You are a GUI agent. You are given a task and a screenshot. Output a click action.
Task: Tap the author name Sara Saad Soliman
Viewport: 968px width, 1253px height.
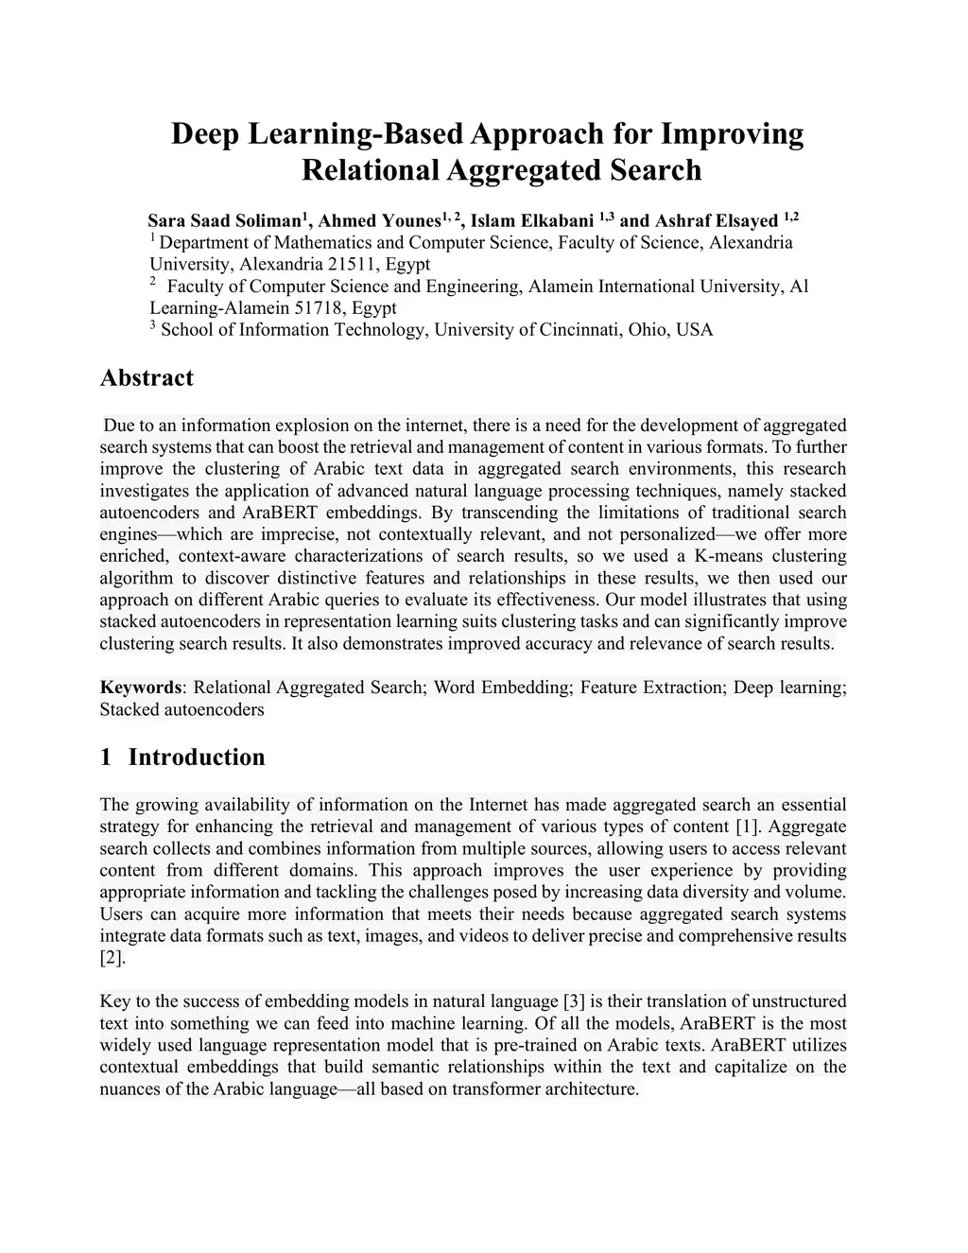pos(224,221)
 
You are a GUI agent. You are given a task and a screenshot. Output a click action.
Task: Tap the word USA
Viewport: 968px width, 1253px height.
pos(695,330)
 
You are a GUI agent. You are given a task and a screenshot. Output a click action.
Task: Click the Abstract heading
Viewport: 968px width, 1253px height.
pos(147,378)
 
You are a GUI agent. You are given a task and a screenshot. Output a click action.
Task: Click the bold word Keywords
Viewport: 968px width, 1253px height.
pos(141,687)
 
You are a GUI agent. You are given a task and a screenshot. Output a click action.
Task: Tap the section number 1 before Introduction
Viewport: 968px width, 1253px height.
pos(106,757)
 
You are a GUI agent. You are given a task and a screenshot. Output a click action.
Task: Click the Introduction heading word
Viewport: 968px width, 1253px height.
pos(197,757)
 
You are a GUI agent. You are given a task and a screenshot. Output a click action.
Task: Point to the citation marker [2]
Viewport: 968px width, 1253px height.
pos(112,958)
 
